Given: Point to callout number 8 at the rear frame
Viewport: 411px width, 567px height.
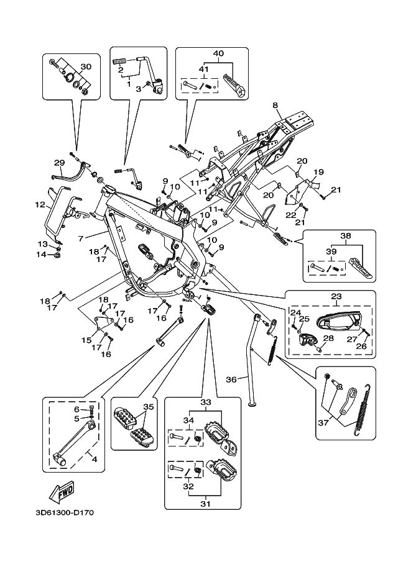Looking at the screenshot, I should click(x=274, y=106).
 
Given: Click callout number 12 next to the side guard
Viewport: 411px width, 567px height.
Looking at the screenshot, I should click(x=39, y=204).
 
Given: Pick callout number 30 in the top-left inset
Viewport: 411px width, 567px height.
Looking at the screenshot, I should click(x=86, y=66).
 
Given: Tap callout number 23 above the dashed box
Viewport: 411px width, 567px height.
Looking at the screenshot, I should click(x=336, y=297).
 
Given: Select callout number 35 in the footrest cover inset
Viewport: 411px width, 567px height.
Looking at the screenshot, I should click(x=148, y=407).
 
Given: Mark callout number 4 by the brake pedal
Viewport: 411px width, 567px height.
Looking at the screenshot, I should click(x=95, y=459).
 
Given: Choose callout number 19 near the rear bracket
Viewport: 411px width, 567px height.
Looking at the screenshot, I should click(x=318, y=172).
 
